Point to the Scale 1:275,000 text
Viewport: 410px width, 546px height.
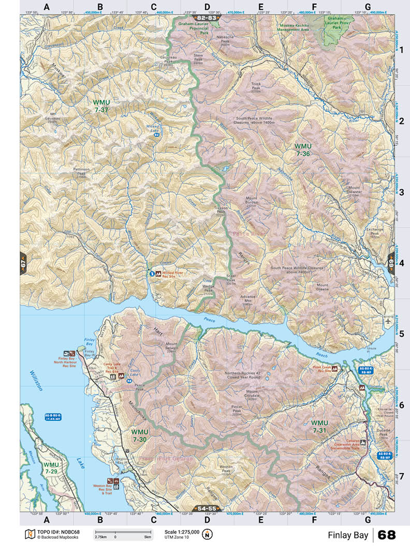pos(182,532)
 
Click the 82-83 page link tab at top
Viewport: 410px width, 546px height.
pos(204,18)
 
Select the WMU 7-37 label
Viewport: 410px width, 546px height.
pos(101,106)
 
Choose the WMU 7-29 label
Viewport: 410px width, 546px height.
pos(51,468)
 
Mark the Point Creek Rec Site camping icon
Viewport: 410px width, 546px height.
pos(335,369)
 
